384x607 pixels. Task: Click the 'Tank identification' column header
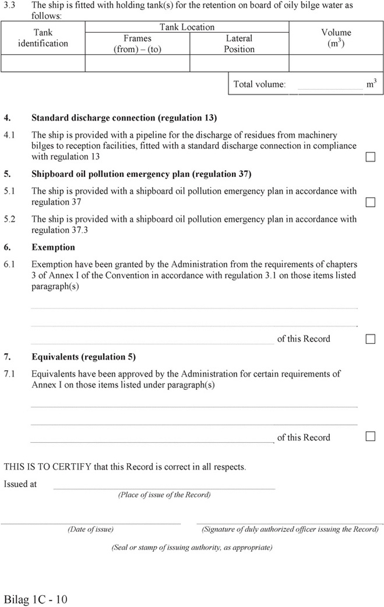click(x=43, y=38)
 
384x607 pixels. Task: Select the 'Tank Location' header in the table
click(x=187, y=27)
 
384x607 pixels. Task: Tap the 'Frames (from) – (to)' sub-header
click(x=138, y=44)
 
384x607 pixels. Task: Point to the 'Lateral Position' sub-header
click(x=239, y=44)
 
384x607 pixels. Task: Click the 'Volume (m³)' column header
click(x=336, y=38)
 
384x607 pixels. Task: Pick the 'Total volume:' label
click(x=259, y=84)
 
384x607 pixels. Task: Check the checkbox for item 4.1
click(x=370, y=157)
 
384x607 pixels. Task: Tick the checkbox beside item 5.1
click(x=370, y=202)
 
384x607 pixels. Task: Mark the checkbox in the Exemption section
click(x=370, y=339)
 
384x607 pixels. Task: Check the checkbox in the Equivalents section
click(x=370, y=437)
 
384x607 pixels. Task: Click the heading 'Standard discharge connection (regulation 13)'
click(x=124, y=118)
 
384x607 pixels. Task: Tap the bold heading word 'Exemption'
click(x=53, y=247)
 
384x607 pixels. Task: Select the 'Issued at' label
click(x=20, y=484)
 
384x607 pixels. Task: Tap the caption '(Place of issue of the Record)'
click(x=164, y=495)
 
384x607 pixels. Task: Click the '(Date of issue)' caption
click(x=90, y=530)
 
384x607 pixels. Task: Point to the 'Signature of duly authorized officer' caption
click(x=290, y=530)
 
